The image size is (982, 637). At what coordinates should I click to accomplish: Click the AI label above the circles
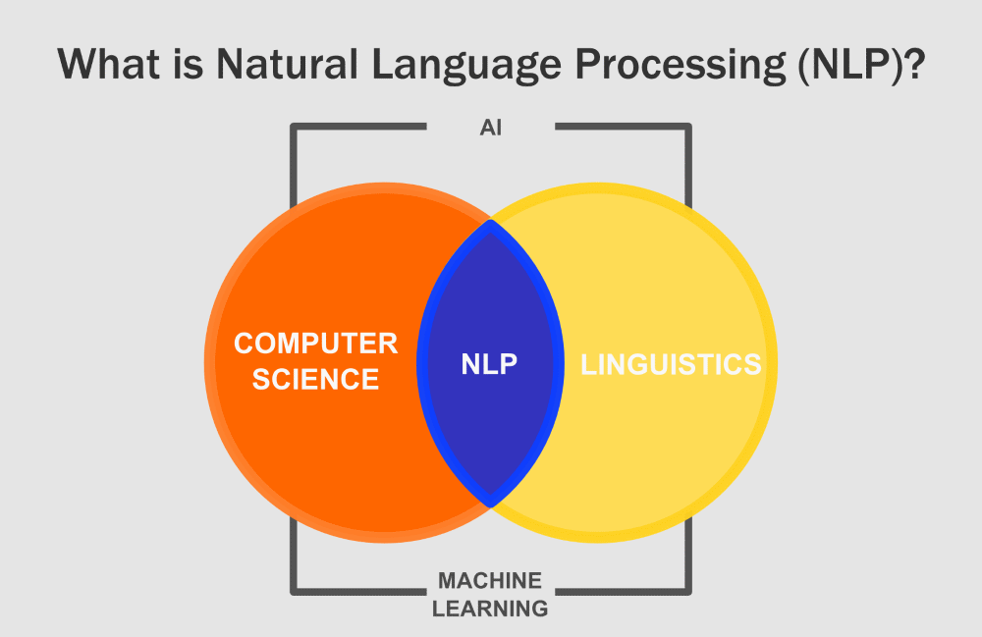point(491,129)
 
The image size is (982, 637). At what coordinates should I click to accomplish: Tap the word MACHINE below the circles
point(490,580)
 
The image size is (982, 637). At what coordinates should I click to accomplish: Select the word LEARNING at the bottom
point(490,609)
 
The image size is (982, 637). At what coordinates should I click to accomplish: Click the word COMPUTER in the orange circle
point(315,344)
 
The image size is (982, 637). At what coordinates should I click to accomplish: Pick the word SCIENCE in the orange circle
point(315,379)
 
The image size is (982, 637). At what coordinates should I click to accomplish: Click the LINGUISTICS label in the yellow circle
point(671,364)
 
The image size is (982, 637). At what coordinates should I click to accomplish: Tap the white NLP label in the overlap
point(489,364)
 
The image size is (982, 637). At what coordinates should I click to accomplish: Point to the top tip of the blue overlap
point(490,224)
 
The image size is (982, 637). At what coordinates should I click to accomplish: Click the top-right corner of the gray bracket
point(688,127)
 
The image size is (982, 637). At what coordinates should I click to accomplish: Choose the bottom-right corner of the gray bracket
point(688,592)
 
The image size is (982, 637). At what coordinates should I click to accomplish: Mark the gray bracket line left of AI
point(358,127)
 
